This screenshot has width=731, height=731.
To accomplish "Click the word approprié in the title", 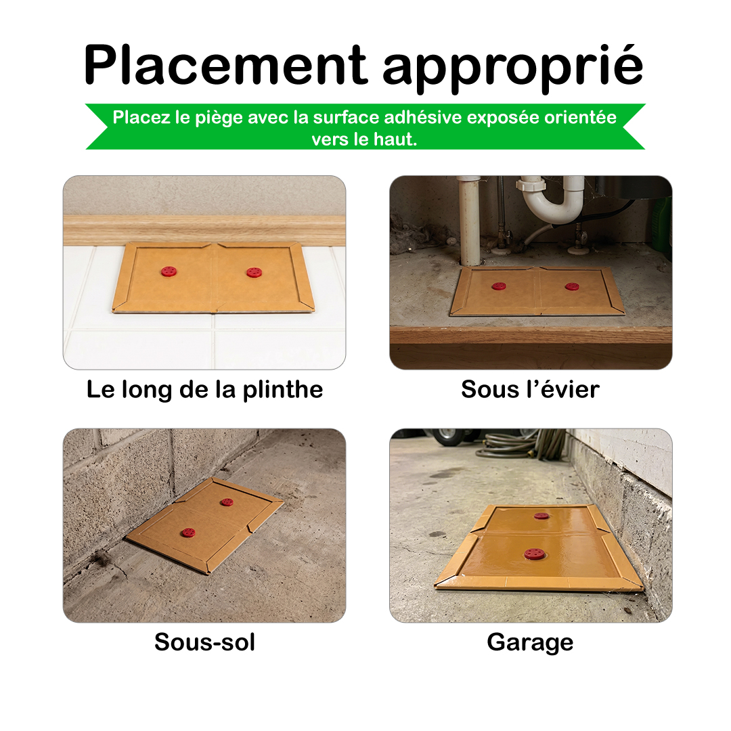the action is coord(513,69).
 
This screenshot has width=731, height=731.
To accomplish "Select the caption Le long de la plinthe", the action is coord(204,390).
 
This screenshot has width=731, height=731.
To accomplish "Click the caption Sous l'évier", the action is coord(530,389).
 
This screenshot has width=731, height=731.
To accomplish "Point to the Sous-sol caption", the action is coord(204,642).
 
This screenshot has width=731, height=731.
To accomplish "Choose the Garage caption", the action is coord(530,643).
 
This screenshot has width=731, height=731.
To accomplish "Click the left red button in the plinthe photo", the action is coord(169,271).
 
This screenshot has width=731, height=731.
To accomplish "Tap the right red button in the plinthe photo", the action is coord(254,272).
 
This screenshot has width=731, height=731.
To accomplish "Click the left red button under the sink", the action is coord(498,286).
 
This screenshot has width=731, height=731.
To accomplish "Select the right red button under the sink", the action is coord(572,286).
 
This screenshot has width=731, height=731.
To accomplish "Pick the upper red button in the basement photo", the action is coord(227,502).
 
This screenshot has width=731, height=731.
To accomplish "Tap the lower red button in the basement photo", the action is coord(188,533).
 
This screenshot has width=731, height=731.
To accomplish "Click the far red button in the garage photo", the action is coord(541,516).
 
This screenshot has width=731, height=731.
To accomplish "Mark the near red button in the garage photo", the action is coord(534,554).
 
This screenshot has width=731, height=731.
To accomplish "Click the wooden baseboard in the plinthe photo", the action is coord(204,230).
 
